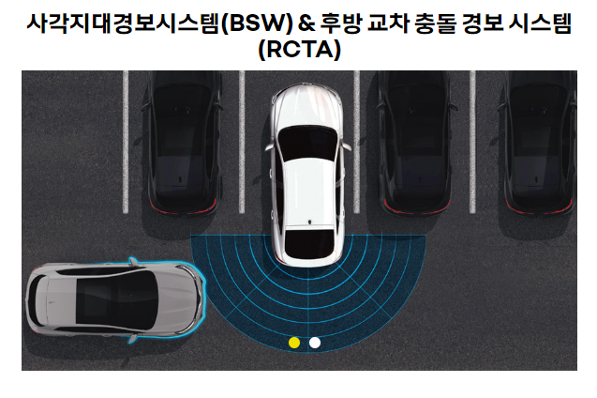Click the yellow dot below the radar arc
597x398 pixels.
tap(295, 343)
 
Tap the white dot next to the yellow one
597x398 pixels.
tap(315, 343)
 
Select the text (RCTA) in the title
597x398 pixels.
tap(298, 51)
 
